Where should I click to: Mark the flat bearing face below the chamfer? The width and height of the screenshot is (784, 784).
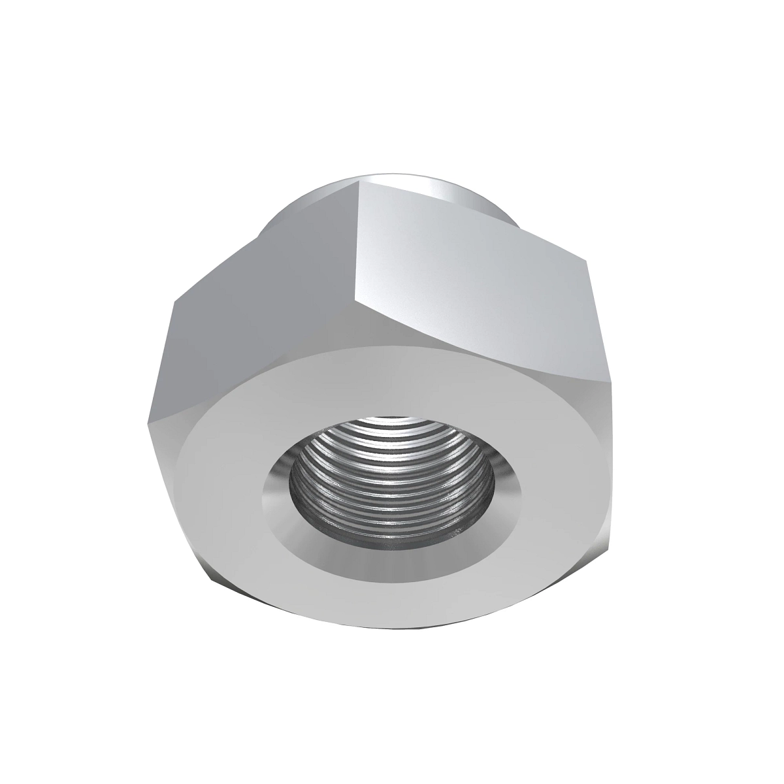(x=392, y=595)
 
